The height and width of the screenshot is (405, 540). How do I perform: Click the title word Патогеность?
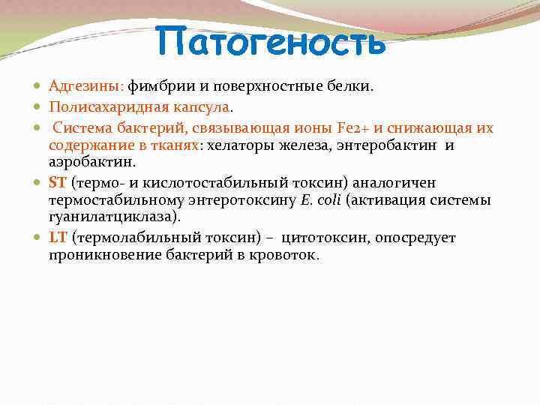(271, 42)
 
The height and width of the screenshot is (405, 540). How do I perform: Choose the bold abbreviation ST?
(58, 182)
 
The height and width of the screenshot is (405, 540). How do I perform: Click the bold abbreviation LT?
(58, 238)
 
